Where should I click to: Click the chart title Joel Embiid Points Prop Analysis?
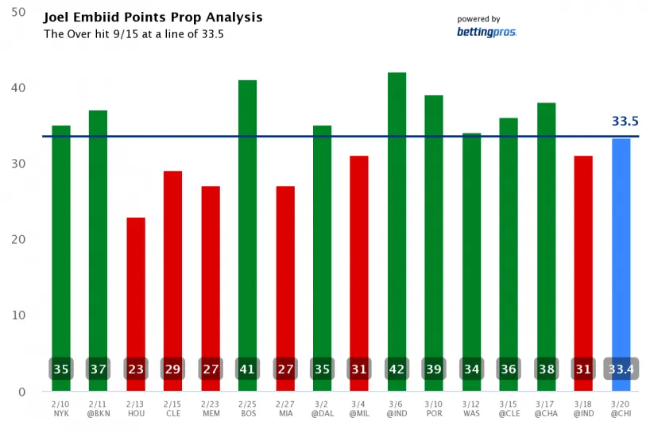[x=153, y=17]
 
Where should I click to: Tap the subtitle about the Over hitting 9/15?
[x=142, y=34]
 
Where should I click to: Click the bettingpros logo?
[x=486, y=32]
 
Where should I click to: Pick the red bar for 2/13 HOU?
[x=136, y=286]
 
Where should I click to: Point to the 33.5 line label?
[x=625, y=122]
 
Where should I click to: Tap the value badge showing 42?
[x=397, y=369]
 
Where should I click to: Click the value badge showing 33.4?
[x=621, y=369]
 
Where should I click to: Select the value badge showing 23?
[x=136, y=369]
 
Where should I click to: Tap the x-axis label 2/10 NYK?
[x=61, y=409]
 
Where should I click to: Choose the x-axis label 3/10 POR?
[x=434, y=409]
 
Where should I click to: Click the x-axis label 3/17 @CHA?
[x=546, y=409]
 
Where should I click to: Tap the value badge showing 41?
[x=247, y=369]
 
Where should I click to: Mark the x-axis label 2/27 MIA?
[x=284, y=409]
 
